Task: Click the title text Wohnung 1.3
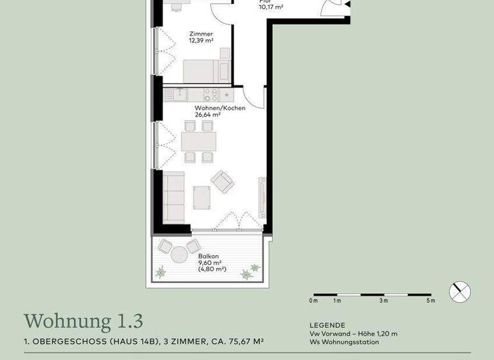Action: [x=83, y=320]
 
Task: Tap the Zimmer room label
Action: [x=201, y=34]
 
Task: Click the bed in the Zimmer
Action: [x=206, y=70]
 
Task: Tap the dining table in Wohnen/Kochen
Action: [x=199, y=140]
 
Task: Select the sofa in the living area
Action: [x=174, y=195]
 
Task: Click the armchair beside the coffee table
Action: [x=223, y=182]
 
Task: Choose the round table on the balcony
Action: [x=194, y=248]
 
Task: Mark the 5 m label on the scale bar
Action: [x=430, y=301]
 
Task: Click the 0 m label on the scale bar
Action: [x=313, y=301]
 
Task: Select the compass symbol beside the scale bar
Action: [x=460, y=292]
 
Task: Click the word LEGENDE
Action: [x=327, y=325]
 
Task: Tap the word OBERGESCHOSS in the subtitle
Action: [x=64, y=341]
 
